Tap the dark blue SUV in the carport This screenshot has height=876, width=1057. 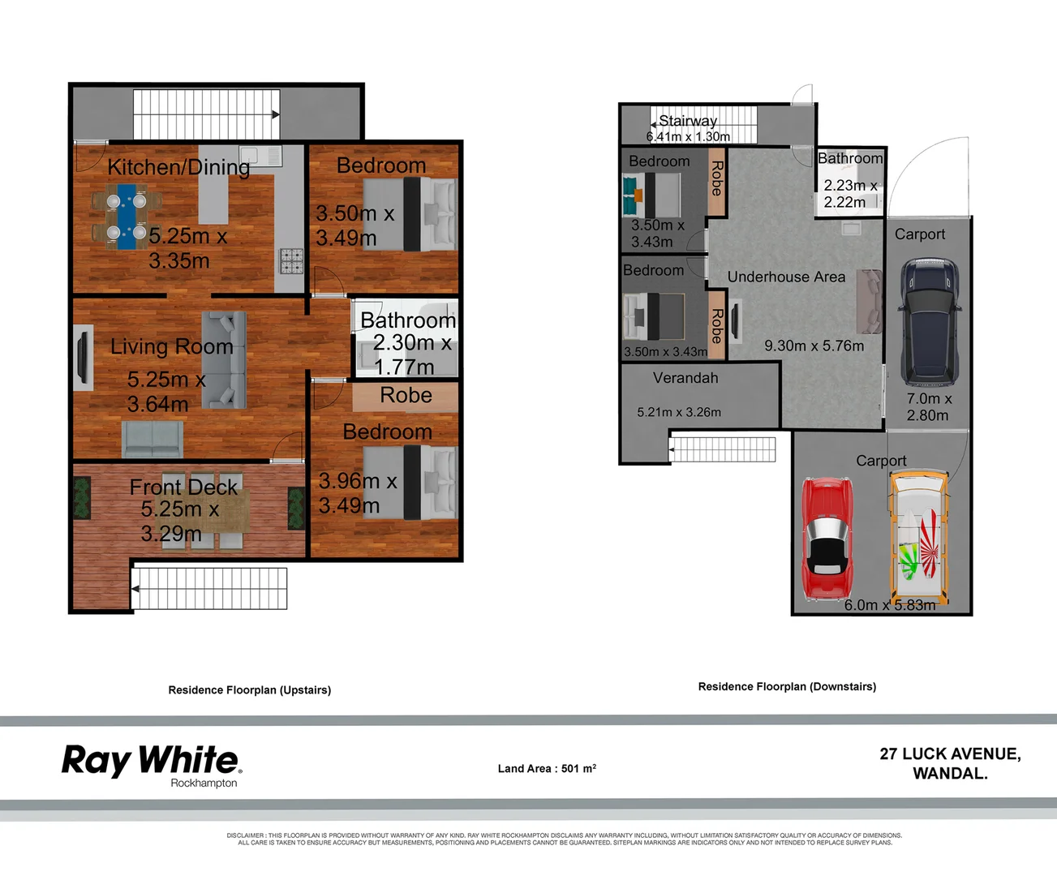930,321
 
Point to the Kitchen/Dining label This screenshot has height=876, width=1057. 178,167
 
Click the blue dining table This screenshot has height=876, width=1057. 127,216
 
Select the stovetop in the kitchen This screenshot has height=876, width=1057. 291,260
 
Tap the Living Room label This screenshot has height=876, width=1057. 171,346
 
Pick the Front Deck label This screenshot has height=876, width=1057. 183,487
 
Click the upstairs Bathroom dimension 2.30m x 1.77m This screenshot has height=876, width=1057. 411,354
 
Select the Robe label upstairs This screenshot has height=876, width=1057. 406,395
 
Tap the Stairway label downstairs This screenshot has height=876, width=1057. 687,121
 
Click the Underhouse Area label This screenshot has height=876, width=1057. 786,277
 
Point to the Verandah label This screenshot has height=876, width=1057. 685,378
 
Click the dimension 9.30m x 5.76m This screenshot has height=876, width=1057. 814,346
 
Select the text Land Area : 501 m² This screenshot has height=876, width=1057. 547,768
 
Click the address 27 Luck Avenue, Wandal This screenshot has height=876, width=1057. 950,763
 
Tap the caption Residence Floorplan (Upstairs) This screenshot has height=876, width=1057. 249,690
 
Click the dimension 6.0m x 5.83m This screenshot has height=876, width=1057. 889,605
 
